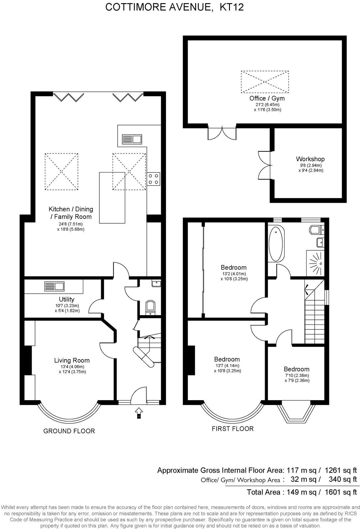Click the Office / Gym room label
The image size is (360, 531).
[x=267, y=98]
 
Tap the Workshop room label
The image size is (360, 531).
[x=310, y=159]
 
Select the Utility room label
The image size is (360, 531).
[x=66, y=299]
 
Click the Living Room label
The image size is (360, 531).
[x=72, y=360]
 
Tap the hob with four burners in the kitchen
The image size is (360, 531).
[x=154, y=179]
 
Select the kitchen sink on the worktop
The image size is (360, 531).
[x=132, y=139]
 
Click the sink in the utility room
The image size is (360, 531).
[x=54, y=286]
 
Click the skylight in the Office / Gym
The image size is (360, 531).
[x=265, y=82]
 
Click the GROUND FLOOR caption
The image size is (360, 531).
[x=69, y=431]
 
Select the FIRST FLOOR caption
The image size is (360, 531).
[x=233, y=429]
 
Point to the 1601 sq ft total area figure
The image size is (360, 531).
[x=341, y=492]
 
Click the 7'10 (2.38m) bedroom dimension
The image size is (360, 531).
[x=297, y=376]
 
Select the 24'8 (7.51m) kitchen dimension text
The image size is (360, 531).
[x=70, y=224]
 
